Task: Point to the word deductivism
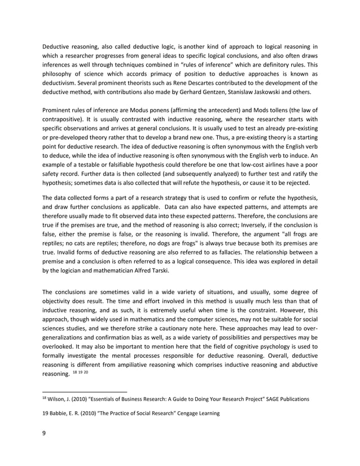(x=60, y=83)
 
